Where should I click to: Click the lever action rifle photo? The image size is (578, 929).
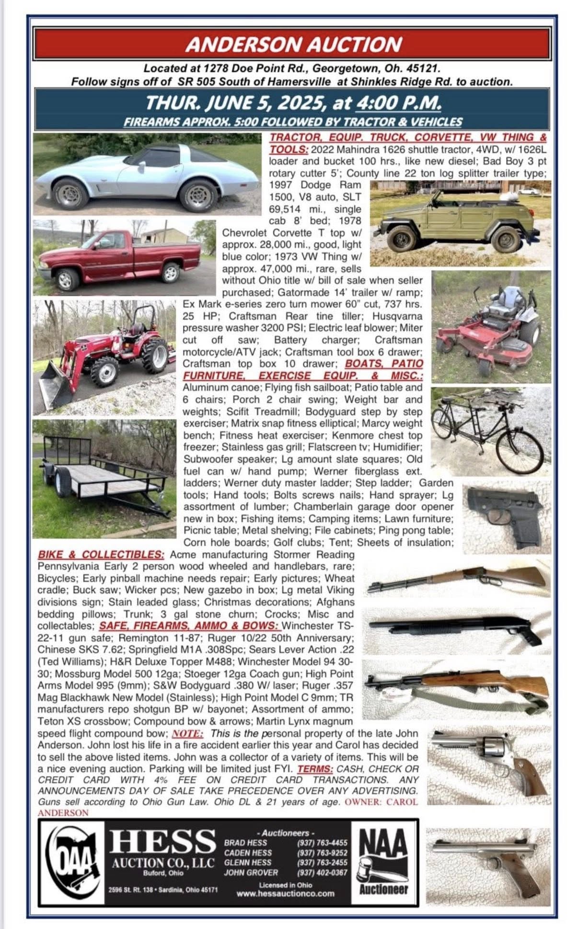[x=458, y=578]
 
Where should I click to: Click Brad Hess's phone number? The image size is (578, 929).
[x=322, y=843]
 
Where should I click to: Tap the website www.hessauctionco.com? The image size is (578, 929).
[x=285, y=894]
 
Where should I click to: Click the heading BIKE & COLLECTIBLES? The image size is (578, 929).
[x=101, y=555]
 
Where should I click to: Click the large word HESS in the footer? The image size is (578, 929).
[x=163, y=841]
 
